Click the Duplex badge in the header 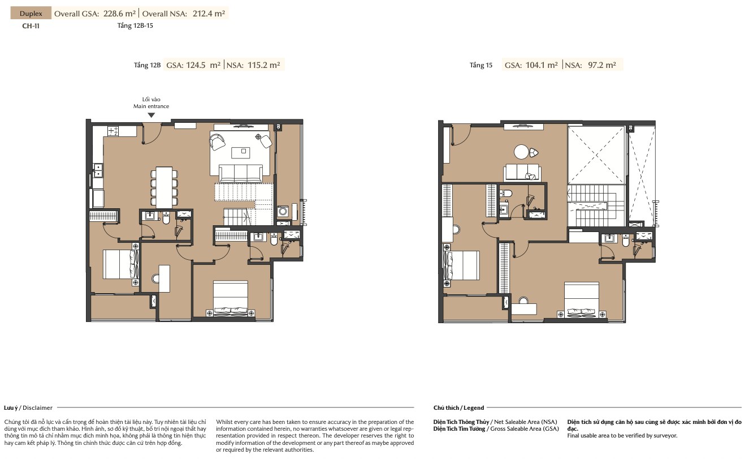pyautogui.click(x=31, y=13)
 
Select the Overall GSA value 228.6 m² pyautogui.click(x=119, y=14)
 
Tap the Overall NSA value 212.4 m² pyautogui.click(x=209, y=14)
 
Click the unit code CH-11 pyautogui.click(x=31, y=26)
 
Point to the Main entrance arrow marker pyautogui.click(x=151, y=115)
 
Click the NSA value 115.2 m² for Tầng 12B pyautogui.click(x=264, y=65)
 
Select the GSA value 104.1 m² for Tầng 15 pyautogui.click(x=542, y=65)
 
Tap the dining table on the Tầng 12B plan pyautogui.click(x=164, y=187)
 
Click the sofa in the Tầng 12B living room pyautogui.click(x=240, y=173)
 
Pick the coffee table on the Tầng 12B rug pyautogui.click(x=241, y=152)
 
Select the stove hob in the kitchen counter pyautogui.click(x=113, y=131)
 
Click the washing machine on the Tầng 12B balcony pyautogui.click(x=283, y=212)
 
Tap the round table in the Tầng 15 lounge pyautogui.click(x=521, y=152)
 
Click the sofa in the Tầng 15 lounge pyautogui.click(x=522, y=173)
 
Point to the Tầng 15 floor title pyautogui.click(x=481, y=65)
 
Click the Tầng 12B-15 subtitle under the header pyautogui.click(x=135, y=26)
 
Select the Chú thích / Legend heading pyautogui.click(x=458, y=407)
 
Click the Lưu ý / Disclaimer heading pyautogui.click(x=28, y=407)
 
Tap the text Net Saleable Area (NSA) pyautogui.click(x=526, y=422)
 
